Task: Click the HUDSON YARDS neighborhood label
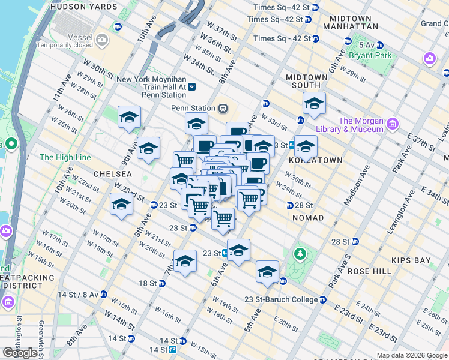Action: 84,7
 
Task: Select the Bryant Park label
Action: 374,55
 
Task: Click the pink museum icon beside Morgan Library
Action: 393,125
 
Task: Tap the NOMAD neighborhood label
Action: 308,218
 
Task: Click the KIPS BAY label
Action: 411,260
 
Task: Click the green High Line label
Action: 65,157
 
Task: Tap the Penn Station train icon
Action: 223,108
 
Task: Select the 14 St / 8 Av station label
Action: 79,295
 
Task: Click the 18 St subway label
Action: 148,283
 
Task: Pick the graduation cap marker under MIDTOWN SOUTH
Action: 314,104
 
